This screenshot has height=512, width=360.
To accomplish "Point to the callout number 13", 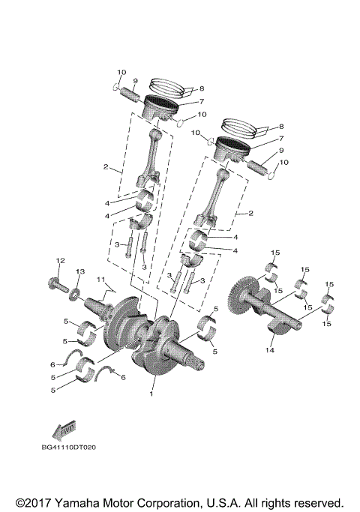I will pyautogui.click(x=80, y=271).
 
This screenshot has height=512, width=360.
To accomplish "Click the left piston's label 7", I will pyautogui.click(x=202, y=101).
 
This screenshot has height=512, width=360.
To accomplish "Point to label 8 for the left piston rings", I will pyautogui.click(x=201, y=87).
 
